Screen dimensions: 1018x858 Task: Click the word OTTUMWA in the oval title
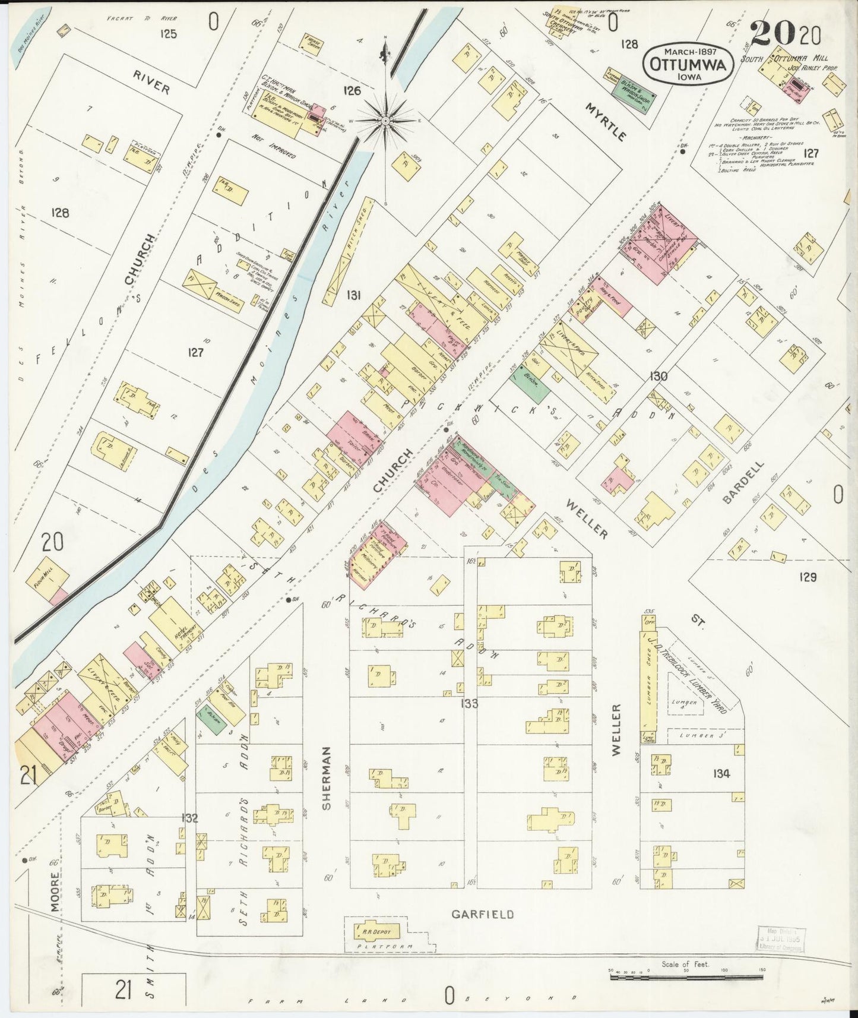tap(688, 65)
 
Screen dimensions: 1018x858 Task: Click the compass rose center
tap(386, 121)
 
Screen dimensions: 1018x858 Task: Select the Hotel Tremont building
tap(176, 623)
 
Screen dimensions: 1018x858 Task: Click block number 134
tap(721, 773)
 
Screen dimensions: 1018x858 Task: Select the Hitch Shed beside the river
tap(348, 252)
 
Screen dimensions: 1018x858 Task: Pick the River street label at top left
tap(151, 83)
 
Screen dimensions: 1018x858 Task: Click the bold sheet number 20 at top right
tap(772, 34)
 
